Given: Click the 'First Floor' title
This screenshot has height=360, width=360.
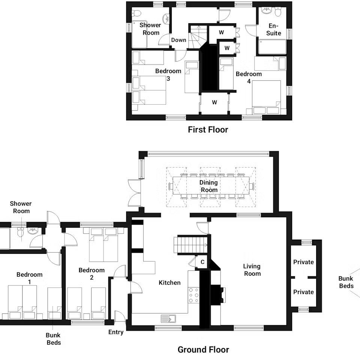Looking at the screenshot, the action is [208, 130].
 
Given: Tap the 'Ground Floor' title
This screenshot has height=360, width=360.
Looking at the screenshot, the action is [203, 349].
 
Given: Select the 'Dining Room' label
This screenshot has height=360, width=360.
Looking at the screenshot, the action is [208, 186].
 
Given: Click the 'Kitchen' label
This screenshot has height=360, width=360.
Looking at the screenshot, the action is [169, 283].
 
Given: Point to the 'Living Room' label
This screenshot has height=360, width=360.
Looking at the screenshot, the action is [252, 270].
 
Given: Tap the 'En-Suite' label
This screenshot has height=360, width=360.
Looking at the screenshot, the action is [274, 29].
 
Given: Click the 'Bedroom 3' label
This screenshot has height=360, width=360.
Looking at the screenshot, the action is [168, 75].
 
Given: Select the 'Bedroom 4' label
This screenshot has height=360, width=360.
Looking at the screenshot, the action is [249, 77].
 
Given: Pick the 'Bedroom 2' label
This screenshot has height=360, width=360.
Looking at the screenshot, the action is [91, 274].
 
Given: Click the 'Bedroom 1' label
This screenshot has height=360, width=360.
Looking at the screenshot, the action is [29, 278].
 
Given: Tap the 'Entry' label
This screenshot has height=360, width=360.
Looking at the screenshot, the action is [116, 332].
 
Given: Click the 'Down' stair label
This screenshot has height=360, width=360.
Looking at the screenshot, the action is [178, 40].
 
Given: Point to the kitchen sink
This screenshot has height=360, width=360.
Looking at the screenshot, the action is [168, 319].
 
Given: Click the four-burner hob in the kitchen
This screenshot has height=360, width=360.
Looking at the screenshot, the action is [193, 295].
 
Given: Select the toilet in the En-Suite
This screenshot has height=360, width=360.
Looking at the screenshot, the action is [278, 12].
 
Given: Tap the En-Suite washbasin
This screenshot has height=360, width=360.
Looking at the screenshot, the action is [267, 10].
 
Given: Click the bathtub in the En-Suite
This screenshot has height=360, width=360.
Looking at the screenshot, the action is [272, 47].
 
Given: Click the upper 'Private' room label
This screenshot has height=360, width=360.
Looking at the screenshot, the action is [303, 262].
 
